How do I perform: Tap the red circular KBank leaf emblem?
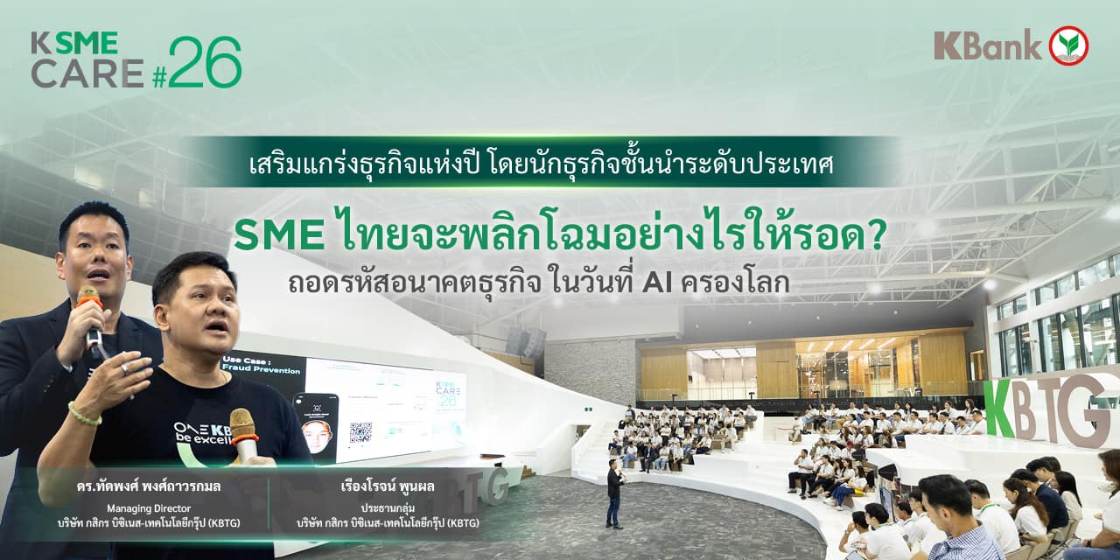pos(1068,45)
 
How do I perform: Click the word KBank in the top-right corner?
pos(987,45)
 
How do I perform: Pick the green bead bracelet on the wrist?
pos(84,415)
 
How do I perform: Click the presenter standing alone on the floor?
pos(615,493)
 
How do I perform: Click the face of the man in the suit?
pos(94,255)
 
